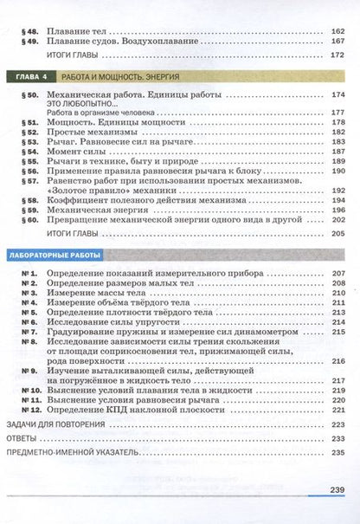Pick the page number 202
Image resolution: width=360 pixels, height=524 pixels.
[x=337, y=220]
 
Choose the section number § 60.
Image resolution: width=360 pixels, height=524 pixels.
[x=29, y=220]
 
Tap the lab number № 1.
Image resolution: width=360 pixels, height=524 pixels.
[x=28, y=274]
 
